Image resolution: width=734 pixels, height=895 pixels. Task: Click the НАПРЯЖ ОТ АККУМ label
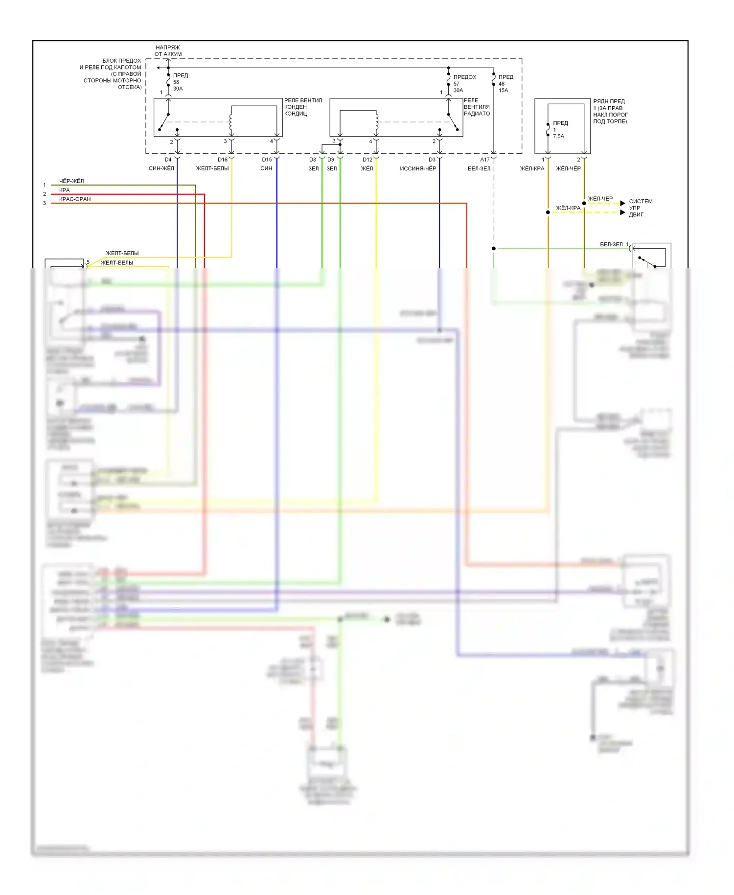coord(168,51)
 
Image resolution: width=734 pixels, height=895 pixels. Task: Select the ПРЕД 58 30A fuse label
coord(180,82)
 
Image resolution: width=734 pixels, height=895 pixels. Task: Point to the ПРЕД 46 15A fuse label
coord(505,83)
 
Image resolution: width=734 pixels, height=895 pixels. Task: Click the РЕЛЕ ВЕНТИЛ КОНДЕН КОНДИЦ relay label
coord(303,107)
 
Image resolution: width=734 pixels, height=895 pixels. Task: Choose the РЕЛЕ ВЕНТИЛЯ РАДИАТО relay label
coord(477,107)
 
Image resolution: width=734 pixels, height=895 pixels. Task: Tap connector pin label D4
coord(168,160)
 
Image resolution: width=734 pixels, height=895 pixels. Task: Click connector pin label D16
coord(223,160)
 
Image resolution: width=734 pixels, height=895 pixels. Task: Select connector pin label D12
coord(367,160)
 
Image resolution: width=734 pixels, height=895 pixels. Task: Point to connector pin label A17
coord(484,160)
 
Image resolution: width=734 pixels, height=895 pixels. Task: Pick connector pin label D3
coord(432,160)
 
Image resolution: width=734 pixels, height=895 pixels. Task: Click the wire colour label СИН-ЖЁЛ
coord(161,168)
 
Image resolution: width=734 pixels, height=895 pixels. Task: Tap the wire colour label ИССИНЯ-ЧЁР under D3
coord(417,168)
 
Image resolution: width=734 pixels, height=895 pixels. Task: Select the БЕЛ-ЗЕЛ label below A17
coord(479,168)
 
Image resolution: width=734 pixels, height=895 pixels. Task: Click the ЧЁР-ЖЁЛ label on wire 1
coord(71,181)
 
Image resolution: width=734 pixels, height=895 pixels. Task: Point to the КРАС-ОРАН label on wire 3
coord(75,199)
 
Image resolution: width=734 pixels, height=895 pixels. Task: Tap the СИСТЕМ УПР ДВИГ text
coord(640,208)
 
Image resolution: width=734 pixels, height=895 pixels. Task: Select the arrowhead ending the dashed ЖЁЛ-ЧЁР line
coord(622,203)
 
